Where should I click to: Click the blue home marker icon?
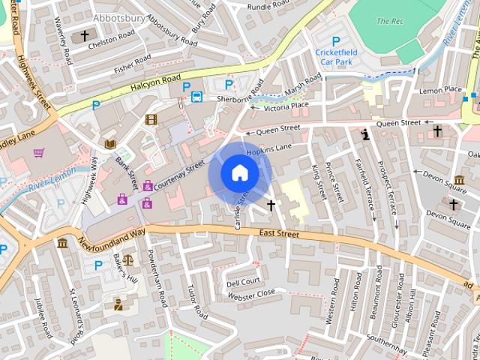[239, 173]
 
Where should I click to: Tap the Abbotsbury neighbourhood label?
[119, 16]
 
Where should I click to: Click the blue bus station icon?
[196, 96]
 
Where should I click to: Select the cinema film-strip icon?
[151, 119]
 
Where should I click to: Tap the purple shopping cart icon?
[38, 153]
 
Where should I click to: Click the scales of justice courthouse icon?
[127, 260]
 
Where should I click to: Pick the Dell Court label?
[243, 283]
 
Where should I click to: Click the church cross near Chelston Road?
[85, 35]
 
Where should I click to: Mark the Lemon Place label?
[440, 90]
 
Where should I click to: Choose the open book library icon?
[110, 144]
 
